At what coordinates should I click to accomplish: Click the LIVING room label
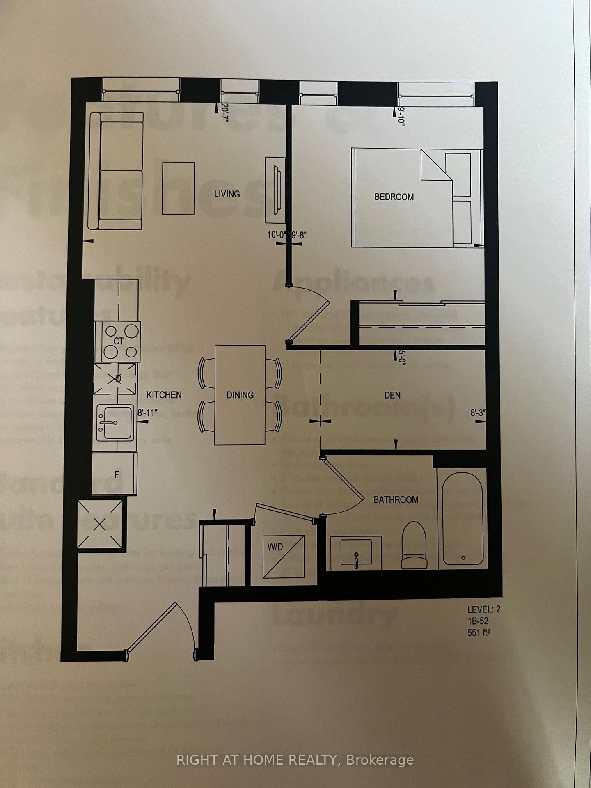tap(227, 194)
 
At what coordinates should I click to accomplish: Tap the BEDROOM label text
tap(394, 197)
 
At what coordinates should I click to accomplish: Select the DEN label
tap(392, 395)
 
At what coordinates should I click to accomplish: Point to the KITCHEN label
tap(164, 395)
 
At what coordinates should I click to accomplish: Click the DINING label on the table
tap(240, 395)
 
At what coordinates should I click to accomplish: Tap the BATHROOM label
tap(396, 500)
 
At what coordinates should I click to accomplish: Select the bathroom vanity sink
tap(355, 552)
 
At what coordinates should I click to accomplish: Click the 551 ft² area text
tap(479, 632)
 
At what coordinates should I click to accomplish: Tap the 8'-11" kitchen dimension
tap(147, 413)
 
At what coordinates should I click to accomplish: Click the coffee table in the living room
tap(178, 188)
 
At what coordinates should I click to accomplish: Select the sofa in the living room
tap(116, 171)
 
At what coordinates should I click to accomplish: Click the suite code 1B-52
tap(478, 621)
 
